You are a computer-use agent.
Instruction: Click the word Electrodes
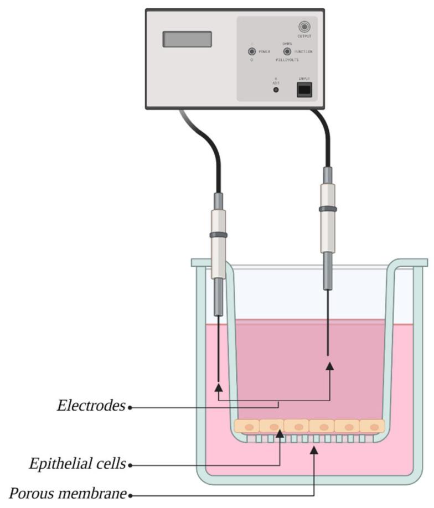click(91, 406)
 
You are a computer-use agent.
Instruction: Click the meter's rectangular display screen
click(187, 39)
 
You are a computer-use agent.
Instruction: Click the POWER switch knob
click(252, 51)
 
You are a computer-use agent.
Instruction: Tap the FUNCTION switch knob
click(287, 51)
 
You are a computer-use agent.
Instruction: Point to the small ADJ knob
click(276, 89)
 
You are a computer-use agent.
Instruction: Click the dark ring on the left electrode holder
click(219, 235)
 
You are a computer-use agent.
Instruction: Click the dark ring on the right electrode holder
click(328, 209)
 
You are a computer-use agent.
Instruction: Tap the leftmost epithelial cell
click(247, 427)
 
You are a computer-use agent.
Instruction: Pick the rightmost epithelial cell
click(372, 427)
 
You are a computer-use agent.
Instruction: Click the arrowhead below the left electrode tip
click(219, 386)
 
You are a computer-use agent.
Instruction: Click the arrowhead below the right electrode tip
click(330, 366)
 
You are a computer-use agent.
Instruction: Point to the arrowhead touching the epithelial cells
click(281, 434)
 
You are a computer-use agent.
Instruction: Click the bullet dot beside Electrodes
click(130, 407)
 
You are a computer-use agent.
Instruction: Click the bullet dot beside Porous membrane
click(130, 494)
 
